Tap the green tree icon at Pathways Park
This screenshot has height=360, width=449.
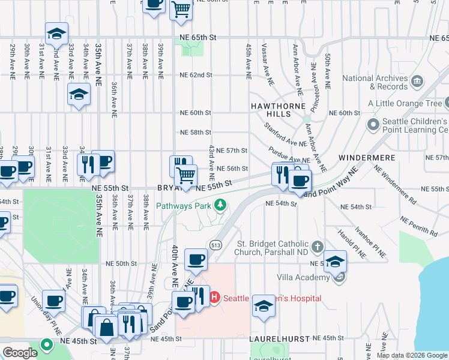[220, 206]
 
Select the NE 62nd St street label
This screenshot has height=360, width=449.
[196, 75]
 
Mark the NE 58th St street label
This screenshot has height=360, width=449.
[196, 132]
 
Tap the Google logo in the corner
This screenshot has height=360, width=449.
[20, 353]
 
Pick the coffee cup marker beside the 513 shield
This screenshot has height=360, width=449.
[196, 259]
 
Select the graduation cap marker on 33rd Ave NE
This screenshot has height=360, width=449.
[79, 94]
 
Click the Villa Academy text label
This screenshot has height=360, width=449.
[303, 277]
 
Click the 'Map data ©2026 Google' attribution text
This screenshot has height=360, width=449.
[411, 355]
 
